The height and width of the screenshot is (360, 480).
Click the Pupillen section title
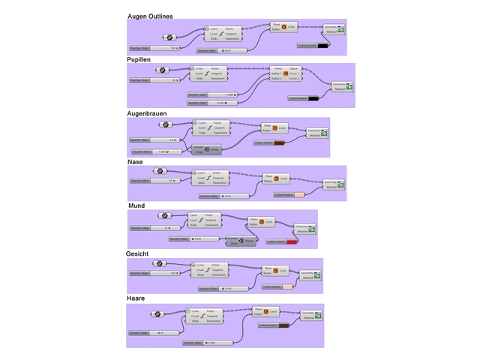point(143,58)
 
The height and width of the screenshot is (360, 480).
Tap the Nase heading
point(136,160)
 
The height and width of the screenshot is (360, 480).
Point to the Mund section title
point(136,205)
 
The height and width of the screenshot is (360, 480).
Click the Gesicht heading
point(139,253)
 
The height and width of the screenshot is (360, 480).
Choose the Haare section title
point(136,298)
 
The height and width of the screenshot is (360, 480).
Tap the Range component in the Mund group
point(241,241)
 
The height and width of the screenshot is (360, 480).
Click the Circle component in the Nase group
point(276,178)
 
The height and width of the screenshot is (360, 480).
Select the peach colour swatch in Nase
point(299,195)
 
